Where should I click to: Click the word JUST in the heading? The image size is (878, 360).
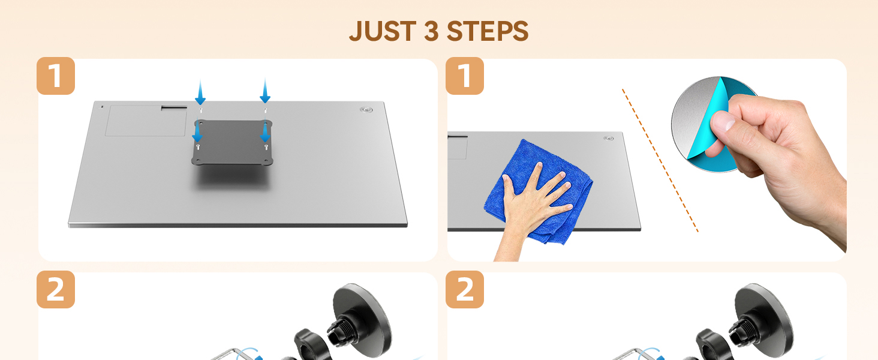[382, 31]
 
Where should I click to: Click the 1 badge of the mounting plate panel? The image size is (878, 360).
[56, 76]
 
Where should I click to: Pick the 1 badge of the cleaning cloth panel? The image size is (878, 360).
[465, 76]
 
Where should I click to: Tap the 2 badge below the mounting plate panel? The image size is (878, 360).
[56, 290]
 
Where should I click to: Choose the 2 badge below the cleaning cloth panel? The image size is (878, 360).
[465, 290]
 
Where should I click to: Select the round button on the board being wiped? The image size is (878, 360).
[609, 139]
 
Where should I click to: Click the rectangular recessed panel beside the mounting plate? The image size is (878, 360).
[145, 121]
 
